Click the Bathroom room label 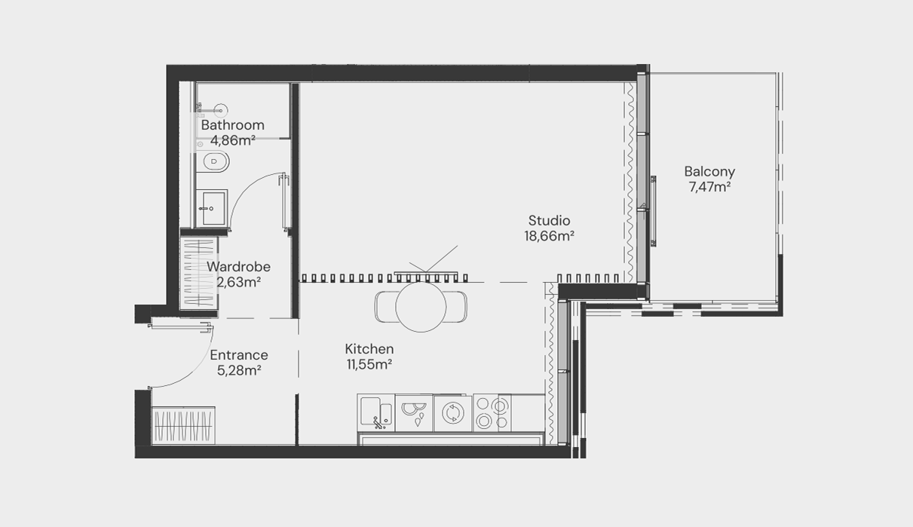click(233, 125)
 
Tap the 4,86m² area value click(233, 141)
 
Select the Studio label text click(549, 220)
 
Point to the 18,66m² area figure click(549, 236)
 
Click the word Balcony click(709, 172)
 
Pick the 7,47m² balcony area click(709, 187)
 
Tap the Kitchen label click(369, 349)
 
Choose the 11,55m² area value click(369, 364)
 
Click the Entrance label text click(239, 355)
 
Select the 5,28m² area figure click(239, 370)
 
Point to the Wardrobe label click(238, 267)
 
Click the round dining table click(421, 307)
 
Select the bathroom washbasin click(212, 208)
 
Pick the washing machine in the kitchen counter click(453, 413)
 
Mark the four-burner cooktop click(492, 412)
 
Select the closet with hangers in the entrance click(183, 425)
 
